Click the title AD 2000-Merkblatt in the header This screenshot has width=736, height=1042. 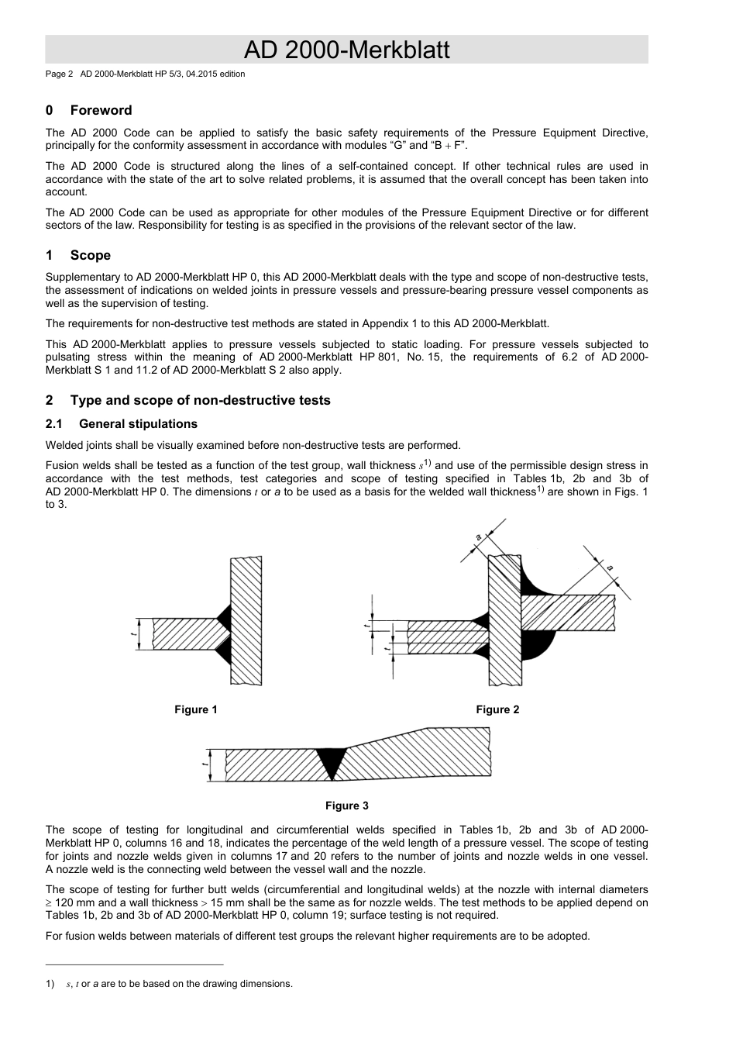point(346,50)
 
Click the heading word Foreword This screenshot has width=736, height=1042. point(101,110)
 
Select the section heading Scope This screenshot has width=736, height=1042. point(90,255)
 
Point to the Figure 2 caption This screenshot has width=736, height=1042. point(497,709)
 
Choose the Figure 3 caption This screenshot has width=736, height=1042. point(346,806)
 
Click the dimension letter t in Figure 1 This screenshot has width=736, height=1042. point(133,633)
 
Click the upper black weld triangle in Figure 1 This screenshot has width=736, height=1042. point(225,615)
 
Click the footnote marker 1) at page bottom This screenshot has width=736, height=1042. point(50,984)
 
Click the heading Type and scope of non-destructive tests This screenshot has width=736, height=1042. point(200,400)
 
